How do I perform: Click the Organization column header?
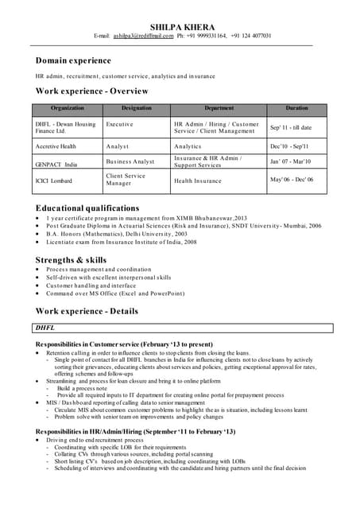[68, 107]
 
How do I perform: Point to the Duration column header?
[297, 107]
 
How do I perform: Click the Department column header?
[219, 107]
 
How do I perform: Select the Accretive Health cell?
[56, 146]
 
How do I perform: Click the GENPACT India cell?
[56, 164]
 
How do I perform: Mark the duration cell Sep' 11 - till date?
[291, 127]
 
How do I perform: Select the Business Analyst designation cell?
[130, 161]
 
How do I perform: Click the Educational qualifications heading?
[87, 208]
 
